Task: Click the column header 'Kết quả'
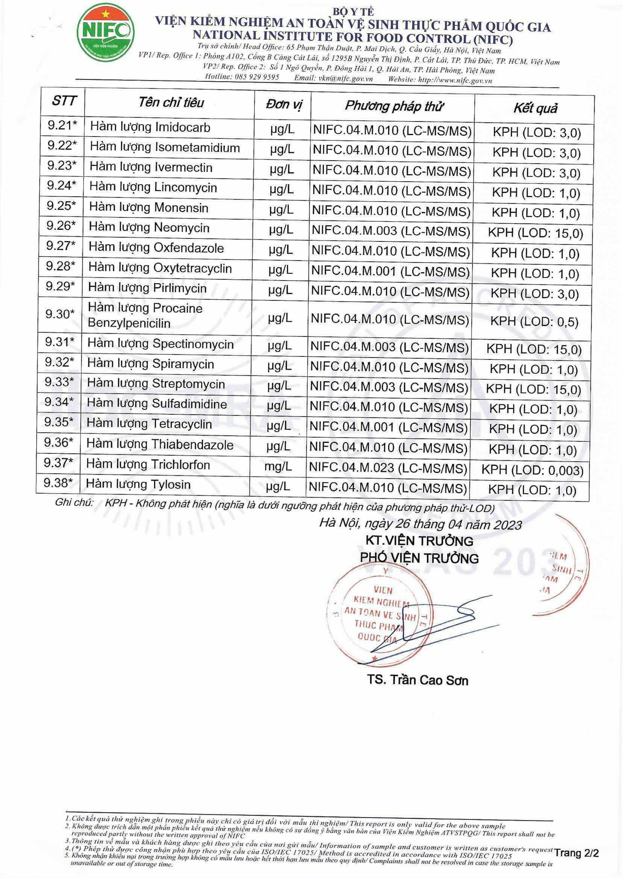535,108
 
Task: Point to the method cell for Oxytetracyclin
390,272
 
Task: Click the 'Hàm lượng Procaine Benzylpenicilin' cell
145,315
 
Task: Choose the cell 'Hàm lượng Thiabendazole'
160,444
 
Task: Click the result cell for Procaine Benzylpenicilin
534,321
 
